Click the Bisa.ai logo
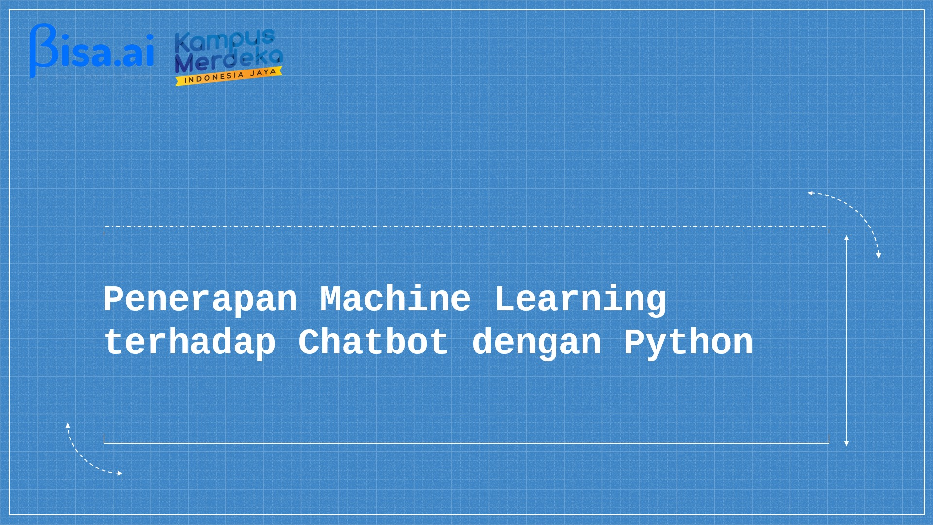(91, 51)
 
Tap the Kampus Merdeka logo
(228, 57)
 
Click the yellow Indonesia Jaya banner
(229, 76)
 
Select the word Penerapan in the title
(200, 299)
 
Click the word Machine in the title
(396, 298)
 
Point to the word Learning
(580, 299)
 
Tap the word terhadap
(190, 343)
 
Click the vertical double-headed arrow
(847, 341)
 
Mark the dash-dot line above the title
(466, 226)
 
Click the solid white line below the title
(466, 443)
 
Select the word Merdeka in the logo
(228, 60)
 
